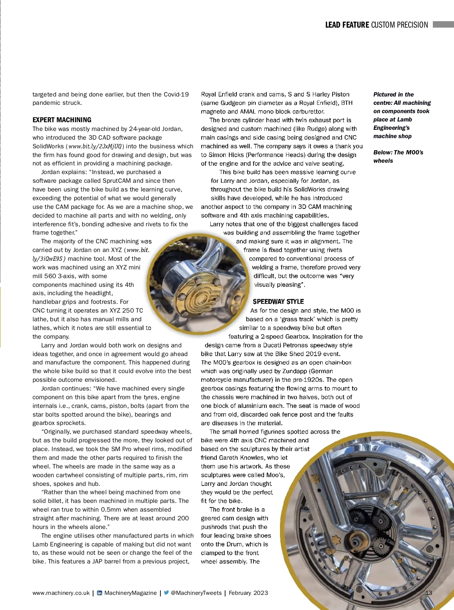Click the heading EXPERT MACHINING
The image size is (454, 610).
(62, 120)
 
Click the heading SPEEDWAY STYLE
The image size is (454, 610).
(278, 302)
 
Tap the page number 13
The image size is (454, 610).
(428, 593)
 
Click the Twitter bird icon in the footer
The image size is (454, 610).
(166, 593)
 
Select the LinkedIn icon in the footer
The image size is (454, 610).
(100, 593)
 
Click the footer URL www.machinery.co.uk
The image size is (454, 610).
(61, 593)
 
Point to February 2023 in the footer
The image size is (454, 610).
(248, 593)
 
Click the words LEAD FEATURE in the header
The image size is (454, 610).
(347, 25)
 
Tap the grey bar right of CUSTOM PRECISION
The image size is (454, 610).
(443, 25)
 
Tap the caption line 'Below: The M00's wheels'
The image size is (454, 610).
(398, 156)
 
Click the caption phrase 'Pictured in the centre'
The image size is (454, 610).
(393, 98)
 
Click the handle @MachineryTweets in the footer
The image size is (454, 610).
(196, 593)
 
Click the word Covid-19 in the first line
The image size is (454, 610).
(176, 94)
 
